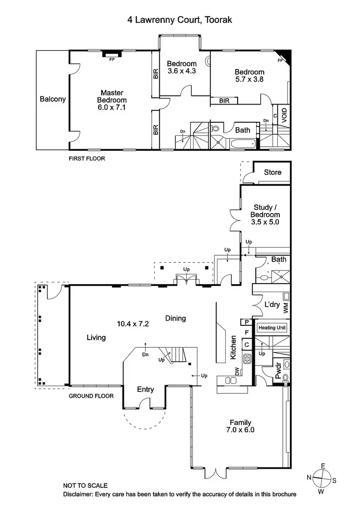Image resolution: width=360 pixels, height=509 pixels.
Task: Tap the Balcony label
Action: click(x=53, y=99)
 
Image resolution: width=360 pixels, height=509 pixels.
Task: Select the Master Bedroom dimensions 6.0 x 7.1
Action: click(x=111, y=107)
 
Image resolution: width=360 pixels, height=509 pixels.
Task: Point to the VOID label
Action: click(x=284, y=115)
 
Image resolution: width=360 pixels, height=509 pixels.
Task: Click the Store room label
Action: click(x=273, y=172)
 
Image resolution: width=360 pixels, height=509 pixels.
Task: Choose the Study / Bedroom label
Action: click(x=265, y=212)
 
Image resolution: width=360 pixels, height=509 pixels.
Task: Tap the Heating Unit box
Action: click(x=272, y=328)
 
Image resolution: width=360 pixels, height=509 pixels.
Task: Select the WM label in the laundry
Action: click(x=286, y=308)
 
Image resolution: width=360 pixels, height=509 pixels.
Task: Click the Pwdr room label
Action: click(x=278, y=371)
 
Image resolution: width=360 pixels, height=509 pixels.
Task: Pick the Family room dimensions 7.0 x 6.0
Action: click(x=240, y=430)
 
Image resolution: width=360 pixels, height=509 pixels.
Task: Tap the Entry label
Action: click(x=145, y=390)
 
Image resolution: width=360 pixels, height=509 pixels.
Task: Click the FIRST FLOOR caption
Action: click(x=86, y=158)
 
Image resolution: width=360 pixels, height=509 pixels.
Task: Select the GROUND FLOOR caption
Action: click(x=91, y=396)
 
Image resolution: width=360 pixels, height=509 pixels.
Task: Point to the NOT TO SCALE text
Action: click(x=85, y=485)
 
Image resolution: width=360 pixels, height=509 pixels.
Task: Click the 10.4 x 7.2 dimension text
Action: click(x=133, y=323)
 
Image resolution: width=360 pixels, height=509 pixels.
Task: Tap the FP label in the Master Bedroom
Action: click(x=111, y=60)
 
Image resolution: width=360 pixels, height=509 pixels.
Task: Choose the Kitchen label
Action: click(x=233, y=348)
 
